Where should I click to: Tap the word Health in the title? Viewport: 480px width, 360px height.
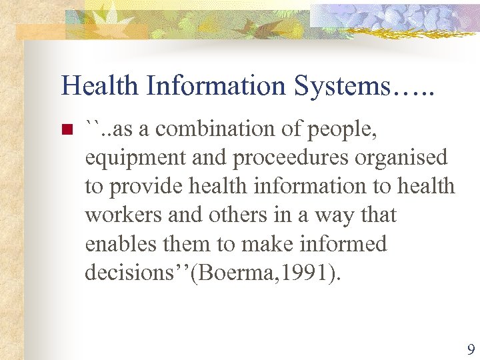100,86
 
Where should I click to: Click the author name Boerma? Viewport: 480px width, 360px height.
232,273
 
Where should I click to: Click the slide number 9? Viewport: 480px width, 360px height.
471,349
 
